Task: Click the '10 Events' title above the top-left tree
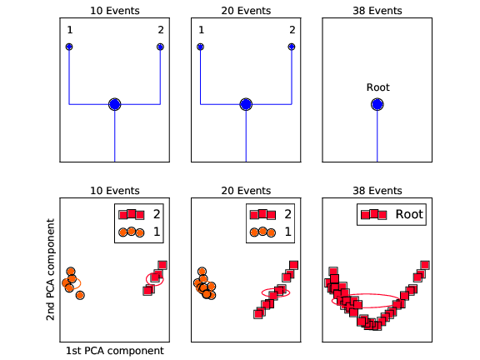coord(115,11)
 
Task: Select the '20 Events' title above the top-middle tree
coord(246,11)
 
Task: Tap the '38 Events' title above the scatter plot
coord(377,191)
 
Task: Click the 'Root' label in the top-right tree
coord(378,87)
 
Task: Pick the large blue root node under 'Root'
coord(377,104)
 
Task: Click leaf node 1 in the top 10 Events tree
coord(69,47)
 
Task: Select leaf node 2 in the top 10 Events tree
coord(160,47)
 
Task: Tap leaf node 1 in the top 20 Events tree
coord(201,47)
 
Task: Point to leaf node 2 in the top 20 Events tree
coord(292,47)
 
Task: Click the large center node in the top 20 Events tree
coord(246,104)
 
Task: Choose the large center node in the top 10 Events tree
coord(115,104)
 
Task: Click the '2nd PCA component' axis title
coord(50,270)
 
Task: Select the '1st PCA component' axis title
coord(115,351)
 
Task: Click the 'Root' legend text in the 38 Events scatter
coord(409,214)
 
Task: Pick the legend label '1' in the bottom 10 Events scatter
coord(157,232)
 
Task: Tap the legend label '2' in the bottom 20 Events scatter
coord(287,214)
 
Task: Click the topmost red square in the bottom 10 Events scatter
coord(162,265)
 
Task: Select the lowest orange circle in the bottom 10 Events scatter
coord(80,295)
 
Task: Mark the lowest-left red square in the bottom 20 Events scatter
coord(258,314)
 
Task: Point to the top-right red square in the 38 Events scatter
coord(425,265)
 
